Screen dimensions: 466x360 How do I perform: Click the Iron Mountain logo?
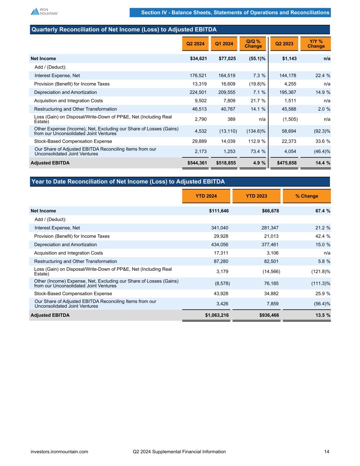(44, 11)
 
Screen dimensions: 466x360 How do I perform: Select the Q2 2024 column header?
(195, 44)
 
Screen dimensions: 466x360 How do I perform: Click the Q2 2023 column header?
(284, 44)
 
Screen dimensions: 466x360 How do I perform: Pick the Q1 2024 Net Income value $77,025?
(227, 58)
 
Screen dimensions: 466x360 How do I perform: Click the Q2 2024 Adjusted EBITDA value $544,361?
(197, 163)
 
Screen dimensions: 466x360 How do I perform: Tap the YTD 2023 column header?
(256, 196)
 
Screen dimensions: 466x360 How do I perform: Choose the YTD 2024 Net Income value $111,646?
(219, 211)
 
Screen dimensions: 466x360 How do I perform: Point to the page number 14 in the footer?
(327, 452)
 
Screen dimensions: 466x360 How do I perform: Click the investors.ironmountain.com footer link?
(59, 452)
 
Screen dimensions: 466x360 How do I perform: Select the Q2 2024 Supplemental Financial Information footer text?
(179, 452)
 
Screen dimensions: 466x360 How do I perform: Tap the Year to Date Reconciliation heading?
(128, 182)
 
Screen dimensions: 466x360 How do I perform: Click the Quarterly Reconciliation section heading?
(124, 30)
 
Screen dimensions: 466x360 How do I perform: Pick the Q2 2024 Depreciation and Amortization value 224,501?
(198, 92)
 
